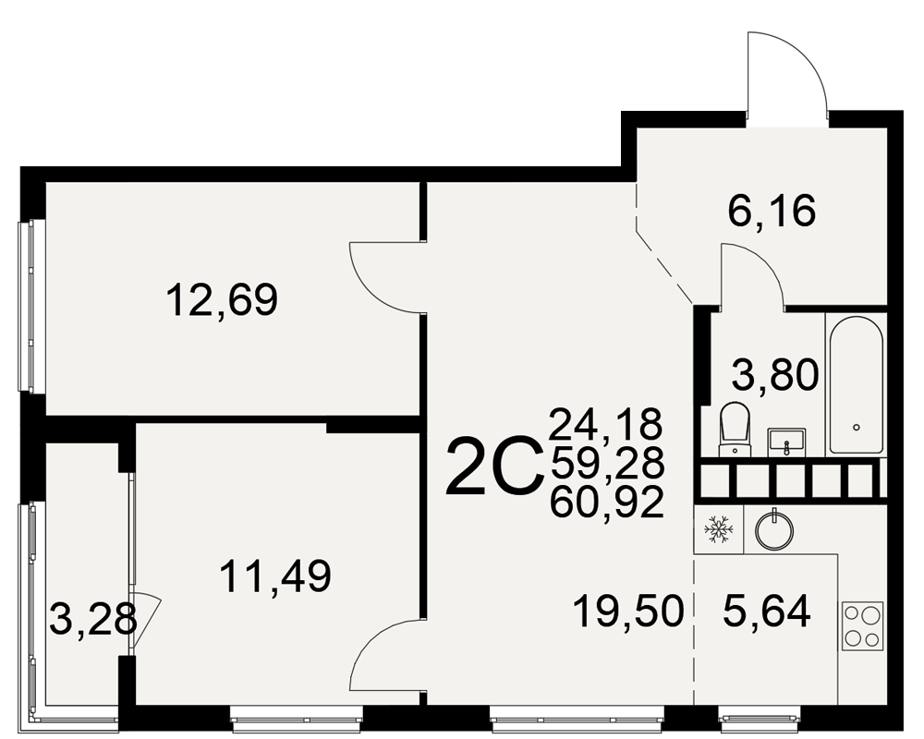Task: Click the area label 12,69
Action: (222, 300)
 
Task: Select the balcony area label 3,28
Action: (93, 618)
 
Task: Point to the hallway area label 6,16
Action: (772, 211)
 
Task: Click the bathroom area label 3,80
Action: (775, 375)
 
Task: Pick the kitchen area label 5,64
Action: (767, 612)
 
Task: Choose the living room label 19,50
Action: (628, 612)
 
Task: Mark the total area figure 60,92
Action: (607, 503)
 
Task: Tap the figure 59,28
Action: (607, 463)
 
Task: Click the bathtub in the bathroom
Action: (857, 384)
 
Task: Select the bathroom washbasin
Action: (786, 442)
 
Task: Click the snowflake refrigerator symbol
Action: (718, 529)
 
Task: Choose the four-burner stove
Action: (863, 626)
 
